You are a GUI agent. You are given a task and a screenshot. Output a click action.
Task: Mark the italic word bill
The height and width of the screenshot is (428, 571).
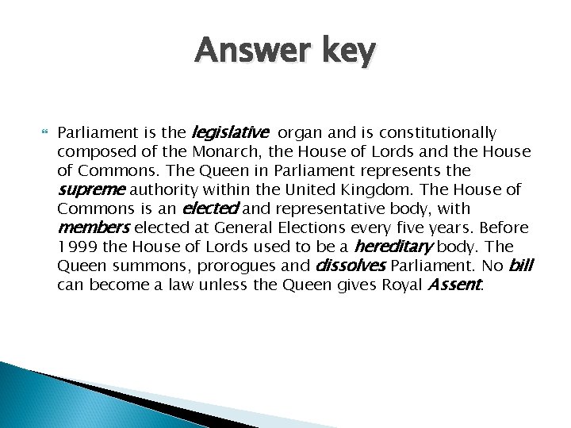[x=519, y=265]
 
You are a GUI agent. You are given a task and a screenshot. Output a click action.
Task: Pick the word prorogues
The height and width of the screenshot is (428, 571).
[x=220, y=265]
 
